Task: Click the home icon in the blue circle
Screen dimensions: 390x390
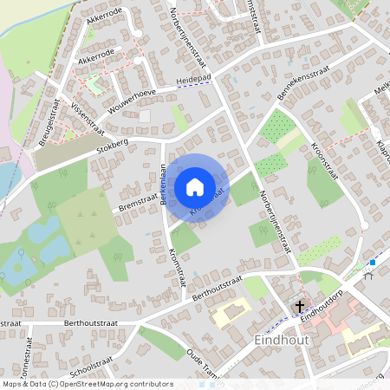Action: [x=194, y=186]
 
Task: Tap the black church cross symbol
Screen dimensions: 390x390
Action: [x=300, y=306]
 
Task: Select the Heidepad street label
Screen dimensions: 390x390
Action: [x=194, y=79]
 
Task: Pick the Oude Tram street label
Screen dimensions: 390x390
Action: [x=205, y=363]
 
